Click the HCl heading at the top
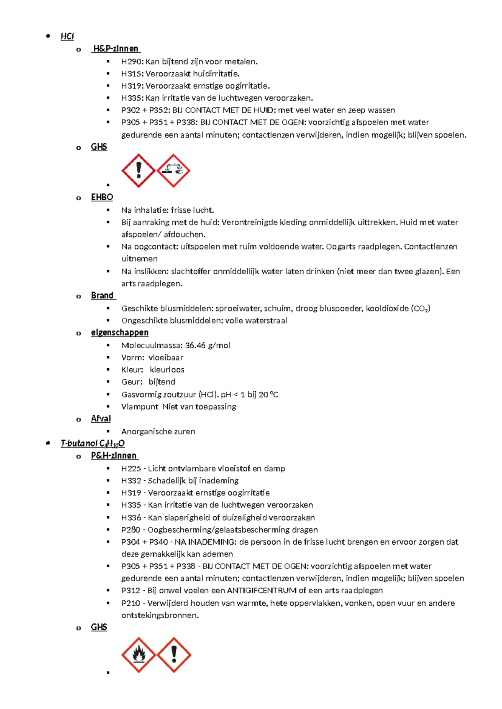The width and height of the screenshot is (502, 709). (x=67, y=36)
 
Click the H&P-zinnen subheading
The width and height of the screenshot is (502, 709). (x=115, y=48)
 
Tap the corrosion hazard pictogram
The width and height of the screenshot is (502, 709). (x=174, y=171)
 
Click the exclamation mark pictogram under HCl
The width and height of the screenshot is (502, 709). (x=138, y=171)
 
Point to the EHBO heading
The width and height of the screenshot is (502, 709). (x=102, y=197)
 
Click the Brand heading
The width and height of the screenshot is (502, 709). (x=102, y=296)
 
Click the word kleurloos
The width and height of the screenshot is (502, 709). (x=167, y=370)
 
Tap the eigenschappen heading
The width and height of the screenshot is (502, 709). (x=120, y=332)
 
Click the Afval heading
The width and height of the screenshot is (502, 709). (x=101, y=418)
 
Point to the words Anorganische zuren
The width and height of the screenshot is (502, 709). (x=158, y=431)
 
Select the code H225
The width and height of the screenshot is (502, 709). (x=131, y=469)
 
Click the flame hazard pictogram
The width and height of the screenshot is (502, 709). (x=138, y=655)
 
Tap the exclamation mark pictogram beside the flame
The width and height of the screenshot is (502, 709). (x=174, y=655)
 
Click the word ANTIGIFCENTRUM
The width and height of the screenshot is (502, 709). (x=262, y=591)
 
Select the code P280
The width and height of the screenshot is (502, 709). (x=131, y=530)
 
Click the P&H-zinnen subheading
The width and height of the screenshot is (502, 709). (x=114, y=456)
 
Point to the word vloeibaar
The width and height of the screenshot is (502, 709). (x=166, y=357)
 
